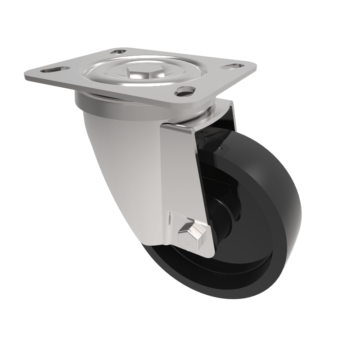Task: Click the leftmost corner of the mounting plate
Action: (x=26, y=76)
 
